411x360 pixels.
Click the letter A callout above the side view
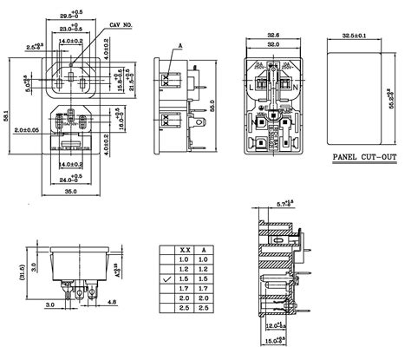point(180,43)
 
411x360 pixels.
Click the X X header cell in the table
point(184,249)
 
